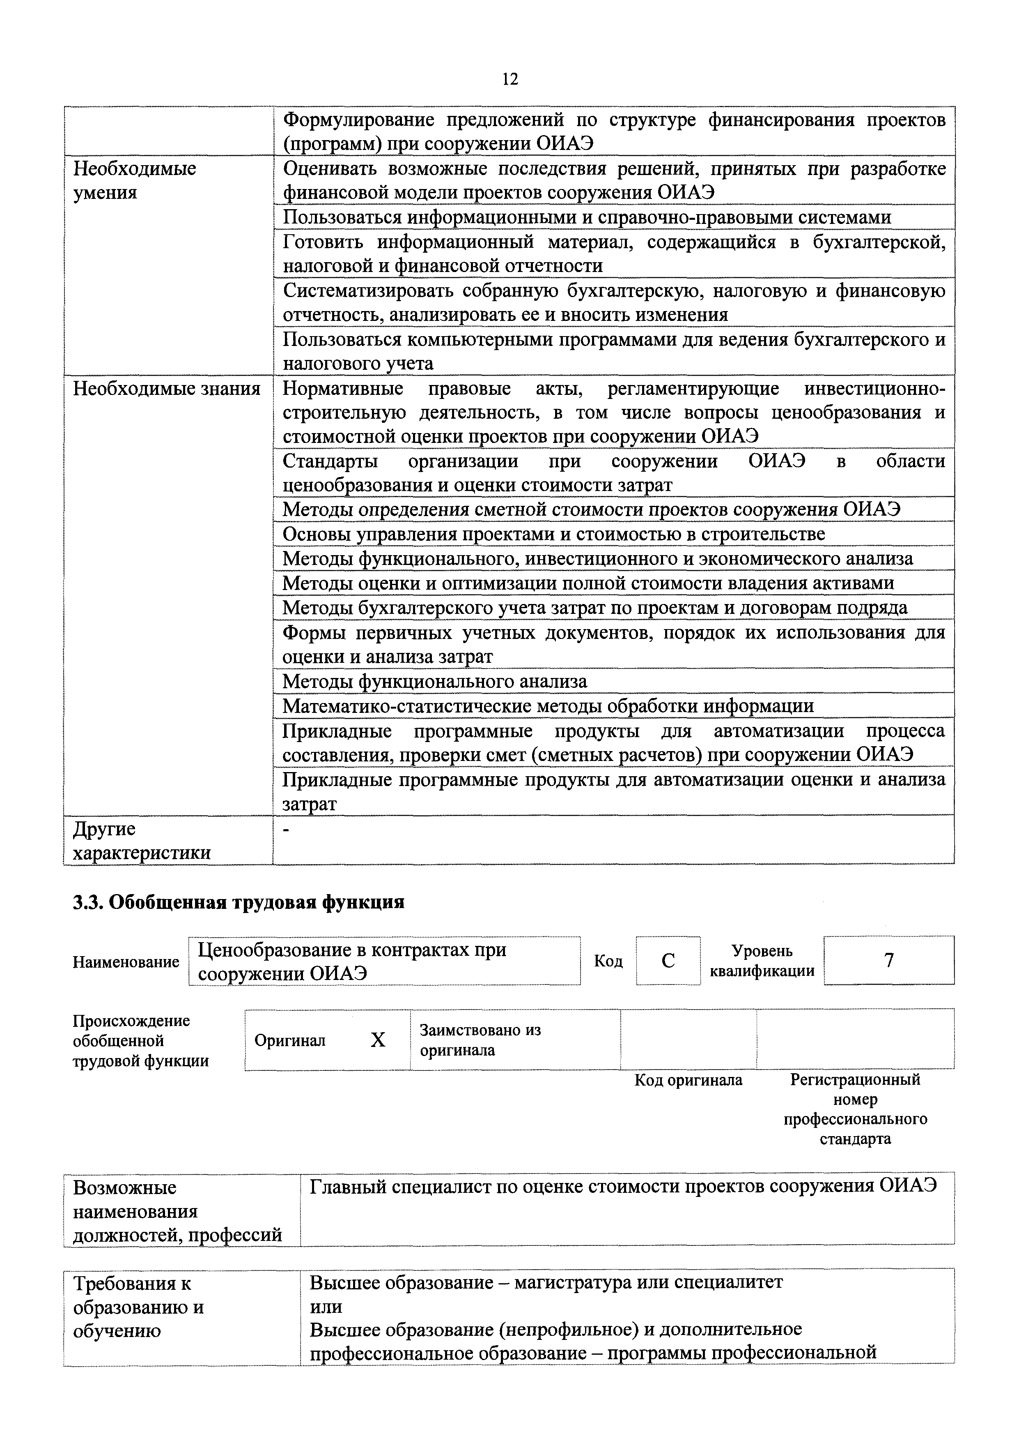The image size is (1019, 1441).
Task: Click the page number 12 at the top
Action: (x=509, y=79)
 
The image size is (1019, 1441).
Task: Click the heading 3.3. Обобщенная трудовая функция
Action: (x=239, y=902)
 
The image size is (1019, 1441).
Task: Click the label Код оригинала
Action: (x=689, y=1080)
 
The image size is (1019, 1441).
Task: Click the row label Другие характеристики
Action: (x=142, y=841)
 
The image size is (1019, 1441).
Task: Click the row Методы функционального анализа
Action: (x=434, y=681)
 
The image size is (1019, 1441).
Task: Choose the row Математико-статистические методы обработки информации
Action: (x=548, y=706)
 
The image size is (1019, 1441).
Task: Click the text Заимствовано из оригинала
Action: (x=480, y=1040)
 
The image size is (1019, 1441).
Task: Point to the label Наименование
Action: (x=126, y=962)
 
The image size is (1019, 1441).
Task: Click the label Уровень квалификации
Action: (x=762, y=961)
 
